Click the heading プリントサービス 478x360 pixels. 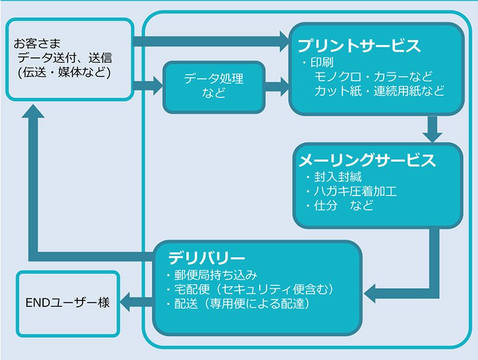click(x=359, y=45)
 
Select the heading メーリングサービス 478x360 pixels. click(x=367, y=160)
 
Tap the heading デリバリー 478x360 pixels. click(x=206, y=258)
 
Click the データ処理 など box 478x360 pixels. click(x=214, y=87)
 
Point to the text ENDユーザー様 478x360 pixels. click(x=68, y=303)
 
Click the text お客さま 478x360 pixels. click(x=37, y=44)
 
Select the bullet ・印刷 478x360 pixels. click(x=317, y=62)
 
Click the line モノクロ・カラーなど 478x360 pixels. click(x=373, y=77)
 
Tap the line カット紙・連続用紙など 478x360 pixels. click(x=379, y=91)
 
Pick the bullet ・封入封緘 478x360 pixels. click(x=333, y=177)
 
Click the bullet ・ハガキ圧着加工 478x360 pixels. click(x=351, y=191)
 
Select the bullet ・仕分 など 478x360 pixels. click(x=339, y=205)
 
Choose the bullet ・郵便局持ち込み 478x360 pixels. click(x=212, y=275)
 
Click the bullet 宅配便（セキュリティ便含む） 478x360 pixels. click(x=253, y=289)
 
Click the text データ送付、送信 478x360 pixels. click(x=65, y=58)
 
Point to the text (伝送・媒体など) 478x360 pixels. click(x=64, y=72)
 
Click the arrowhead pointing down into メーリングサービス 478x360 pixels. click(x=432, y=137)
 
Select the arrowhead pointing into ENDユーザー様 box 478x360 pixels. click(x=125, y=302)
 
